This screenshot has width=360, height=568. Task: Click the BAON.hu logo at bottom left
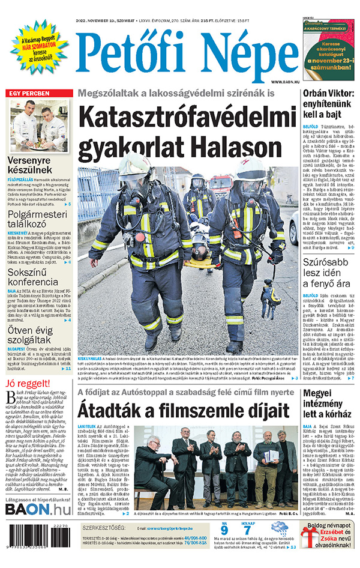[x=38, y=509]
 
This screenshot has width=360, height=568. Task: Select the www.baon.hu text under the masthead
[x=283, y=82]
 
